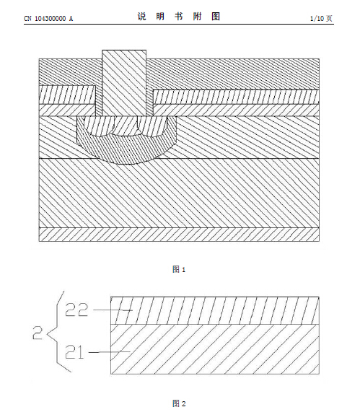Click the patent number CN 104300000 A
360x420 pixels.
pyautogui.click(x=48, y=18)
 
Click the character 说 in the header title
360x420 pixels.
pyautogui.click(x=141, y=17)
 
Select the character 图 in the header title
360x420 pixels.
pyautogui.click(x=216, y=17)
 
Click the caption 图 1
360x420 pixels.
pyautogui.click(x=179, y=269)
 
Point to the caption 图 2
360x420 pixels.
pyautogui.click(x=179, y=403)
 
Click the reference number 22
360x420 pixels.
pyautogui.click(x=76, y=310)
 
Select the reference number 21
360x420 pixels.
pyautogui.click(x=75, y=351)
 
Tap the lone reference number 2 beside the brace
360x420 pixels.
pyautogui.click(x=38, y=333)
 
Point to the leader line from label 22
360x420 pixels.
pyautogui.click(x=113, y=310)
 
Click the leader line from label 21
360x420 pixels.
pyautogui.click(x=109, y=352)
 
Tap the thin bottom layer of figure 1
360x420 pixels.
pyautogui.click(x=179, y=235)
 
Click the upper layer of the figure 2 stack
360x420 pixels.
pyautogui.click(x=215, y=311)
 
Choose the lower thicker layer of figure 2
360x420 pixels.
pyautogui.click(x=215, y=349)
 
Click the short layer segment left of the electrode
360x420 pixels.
pyautogui.click(x=67, y=95)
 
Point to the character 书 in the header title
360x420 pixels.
pyautogui.click(x=179, y=17)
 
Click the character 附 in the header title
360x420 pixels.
pyautogui.click(x=197, y=17)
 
